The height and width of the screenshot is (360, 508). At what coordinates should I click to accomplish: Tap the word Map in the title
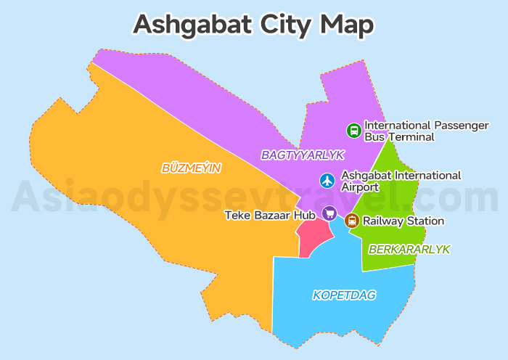click(x=349, y=24)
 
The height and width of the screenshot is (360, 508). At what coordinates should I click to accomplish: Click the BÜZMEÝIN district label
click(x=191, y=168)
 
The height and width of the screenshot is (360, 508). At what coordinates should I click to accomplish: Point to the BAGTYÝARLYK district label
click(x=302, y=155)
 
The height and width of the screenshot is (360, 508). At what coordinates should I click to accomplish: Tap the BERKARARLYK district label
click(x=409, y=249)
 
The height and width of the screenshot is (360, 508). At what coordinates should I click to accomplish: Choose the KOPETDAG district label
click(x=345, y=295)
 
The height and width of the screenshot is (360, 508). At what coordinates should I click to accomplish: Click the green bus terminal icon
click(x=353, y=131)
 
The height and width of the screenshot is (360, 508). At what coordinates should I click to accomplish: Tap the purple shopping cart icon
click(x=329, y=213)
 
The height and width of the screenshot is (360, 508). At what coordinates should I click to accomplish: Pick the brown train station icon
click(x=352, y=221)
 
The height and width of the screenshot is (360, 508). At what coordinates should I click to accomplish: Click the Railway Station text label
click(x=403, y=221)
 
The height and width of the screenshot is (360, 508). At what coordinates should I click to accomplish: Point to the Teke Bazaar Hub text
click(x=269, y=215)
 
